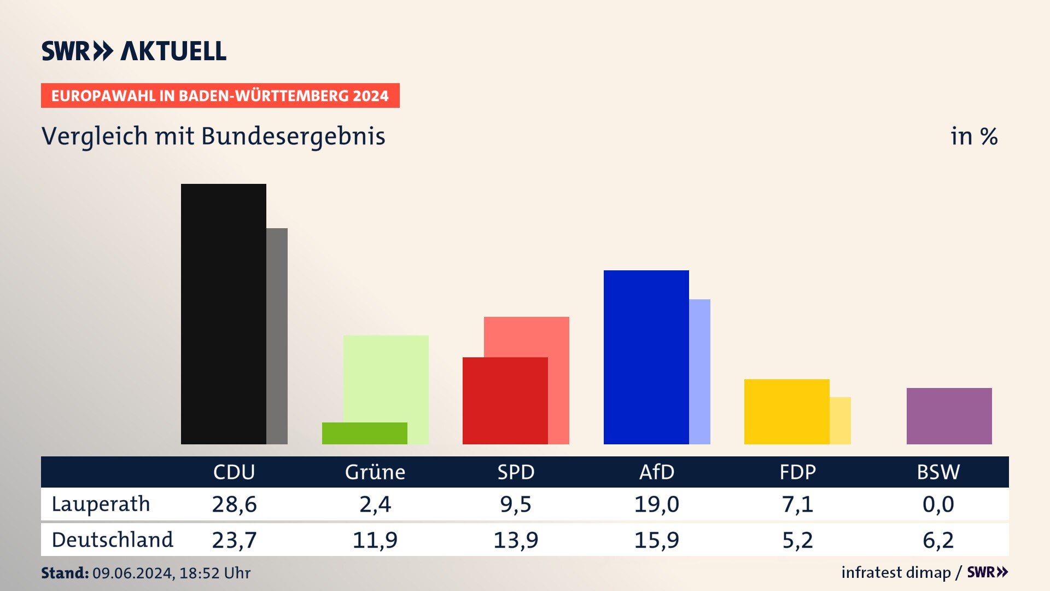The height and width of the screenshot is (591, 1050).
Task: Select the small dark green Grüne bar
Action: click(x=364, y=433)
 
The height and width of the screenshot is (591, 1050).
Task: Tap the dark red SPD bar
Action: click(x=505, y=401)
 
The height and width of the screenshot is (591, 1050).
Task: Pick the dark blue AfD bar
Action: click(x=646, y=357)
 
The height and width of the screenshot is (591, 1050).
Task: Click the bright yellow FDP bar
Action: click(x=786, y=412)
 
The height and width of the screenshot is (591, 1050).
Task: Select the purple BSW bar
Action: click(x=949, y=416)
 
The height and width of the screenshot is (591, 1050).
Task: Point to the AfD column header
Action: click(x=657, y=472)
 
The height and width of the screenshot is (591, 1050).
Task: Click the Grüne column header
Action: click(x=375, y=472)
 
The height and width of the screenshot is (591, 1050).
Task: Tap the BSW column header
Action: click(x=938, y=472)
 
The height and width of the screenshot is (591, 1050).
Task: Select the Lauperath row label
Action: click(x=101, y=504)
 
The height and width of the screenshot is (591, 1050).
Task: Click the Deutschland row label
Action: click(x=112, y=540)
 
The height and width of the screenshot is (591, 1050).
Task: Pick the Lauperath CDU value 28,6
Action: click(x=234, y=504)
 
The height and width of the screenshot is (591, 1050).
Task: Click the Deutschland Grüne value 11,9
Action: click(x=375, y=540)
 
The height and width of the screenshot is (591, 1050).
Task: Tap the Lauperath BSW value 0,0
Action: click(x=938, y=504)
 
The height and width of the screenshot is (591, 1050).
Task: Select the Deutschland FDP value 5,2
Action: click(x=797, y=540)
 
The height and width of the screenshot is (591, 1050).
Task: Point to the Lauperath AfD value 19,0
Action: click(x=657, y=504)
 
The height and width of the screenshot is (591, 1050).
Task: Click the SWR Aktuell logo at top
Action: click(x=134, y=51)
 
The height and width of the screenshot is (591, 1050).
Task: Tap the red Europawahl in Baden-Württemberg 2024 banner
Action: click(x=220, y=96)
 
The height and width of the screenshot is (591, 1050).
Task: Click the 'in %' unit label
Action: click(x=973, y=136)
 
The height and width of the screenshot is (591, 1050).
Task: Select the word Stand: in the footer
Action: click(x=65, y=573)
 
